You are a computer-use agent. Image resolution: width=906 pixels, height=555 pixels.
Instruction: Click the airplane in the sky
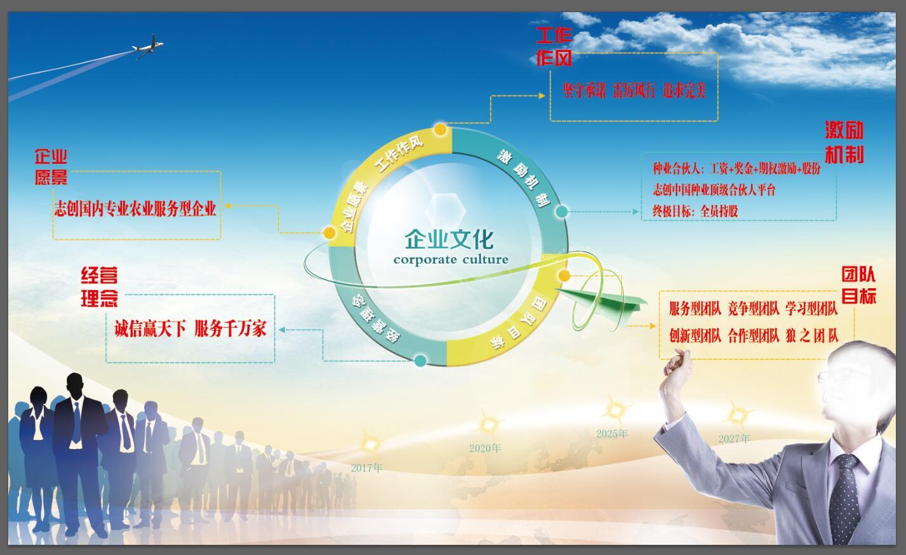pos(148,46)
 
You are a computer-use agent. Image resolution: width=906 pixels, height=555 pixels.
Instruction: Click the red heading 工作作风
pos(554,46)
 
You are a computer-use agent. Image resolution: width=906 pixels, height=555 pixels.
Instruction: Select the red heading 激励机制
pos(844,142)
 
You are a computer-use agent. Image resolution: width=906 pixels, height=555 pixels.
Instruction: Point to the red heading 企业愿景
pos(51,166)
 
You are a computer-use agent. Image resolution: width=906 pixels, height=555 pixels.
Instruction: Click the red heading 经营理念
pos(99,287)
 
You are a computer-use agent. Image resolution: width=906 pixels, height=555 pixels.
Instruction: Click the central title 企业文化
pos(449,239)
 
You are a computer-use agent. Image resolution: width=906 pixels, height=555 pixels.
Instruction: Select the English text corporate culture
pos(451,260)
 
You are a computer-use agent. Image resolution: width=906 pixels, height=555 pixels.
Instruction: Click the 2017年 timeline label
pos(366,468)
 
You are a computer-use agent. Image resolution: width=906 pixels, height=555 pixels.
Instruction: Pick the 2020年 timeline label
pos(485,448)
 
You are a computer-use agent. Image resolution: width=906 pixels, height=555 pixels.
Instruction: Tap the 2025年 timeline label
pos(611,434)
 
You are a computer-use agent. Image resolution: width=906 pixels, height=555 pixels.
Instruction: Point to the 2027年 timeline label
pos(734,439)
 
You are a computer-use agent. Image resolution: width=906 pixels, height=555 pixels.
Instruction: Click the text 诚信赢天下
pos(150,328)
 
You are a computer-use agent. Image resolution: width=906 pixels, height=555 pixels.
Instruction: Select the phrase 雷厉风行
pos(634,91)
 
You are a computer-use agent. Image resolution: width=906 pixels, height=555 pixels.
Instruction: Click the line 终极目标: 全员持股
pos(695,211)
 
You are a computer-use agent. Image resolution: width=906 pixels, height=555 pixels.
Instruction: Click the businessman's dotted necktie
pos(844,498)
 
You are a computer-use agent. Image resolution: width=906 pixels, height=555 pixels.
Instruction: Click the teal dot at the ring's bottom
pos(420,361)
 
